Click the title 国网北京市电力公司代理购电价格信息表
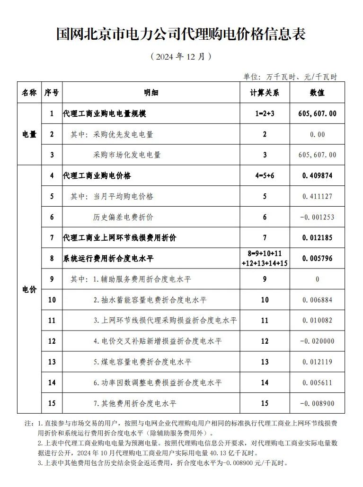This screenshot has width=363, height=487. [181, 34]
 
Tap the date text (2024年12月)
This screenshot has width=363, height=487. [181, 56]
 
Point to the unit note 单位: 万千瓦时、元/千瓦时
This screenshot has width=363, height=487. [290, 77]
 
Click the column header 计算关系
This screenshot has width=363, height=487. [265, 93]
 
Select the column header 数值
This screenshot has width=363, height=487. [318, 93]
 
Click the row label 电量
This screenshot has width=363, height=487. [29, 134]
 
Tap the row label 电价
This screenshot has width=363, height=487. [29, 289]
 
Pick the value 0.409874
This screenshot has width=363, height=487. [318, 176]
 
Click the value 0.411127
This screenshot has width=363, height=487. [318, 197]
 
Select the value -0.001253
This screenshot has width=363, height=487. [318, 217]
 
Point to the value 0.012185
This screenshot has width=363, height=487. [318, 238]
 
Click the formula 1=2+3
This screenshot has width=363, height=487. [265, 114]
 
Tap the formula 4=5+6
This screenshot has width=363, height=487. [265, 176]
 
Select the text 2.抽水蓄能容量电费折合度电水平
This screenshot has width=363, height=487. [150, 300]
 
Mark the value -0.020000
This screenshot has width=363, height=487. [318, 341]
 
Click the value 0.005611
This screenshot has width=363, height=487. [318, 383]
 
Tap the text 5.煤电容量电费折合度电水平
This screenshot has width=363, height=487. [142, 362]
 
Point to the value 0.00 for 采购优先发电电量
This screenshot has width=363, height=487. [318, 134]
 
